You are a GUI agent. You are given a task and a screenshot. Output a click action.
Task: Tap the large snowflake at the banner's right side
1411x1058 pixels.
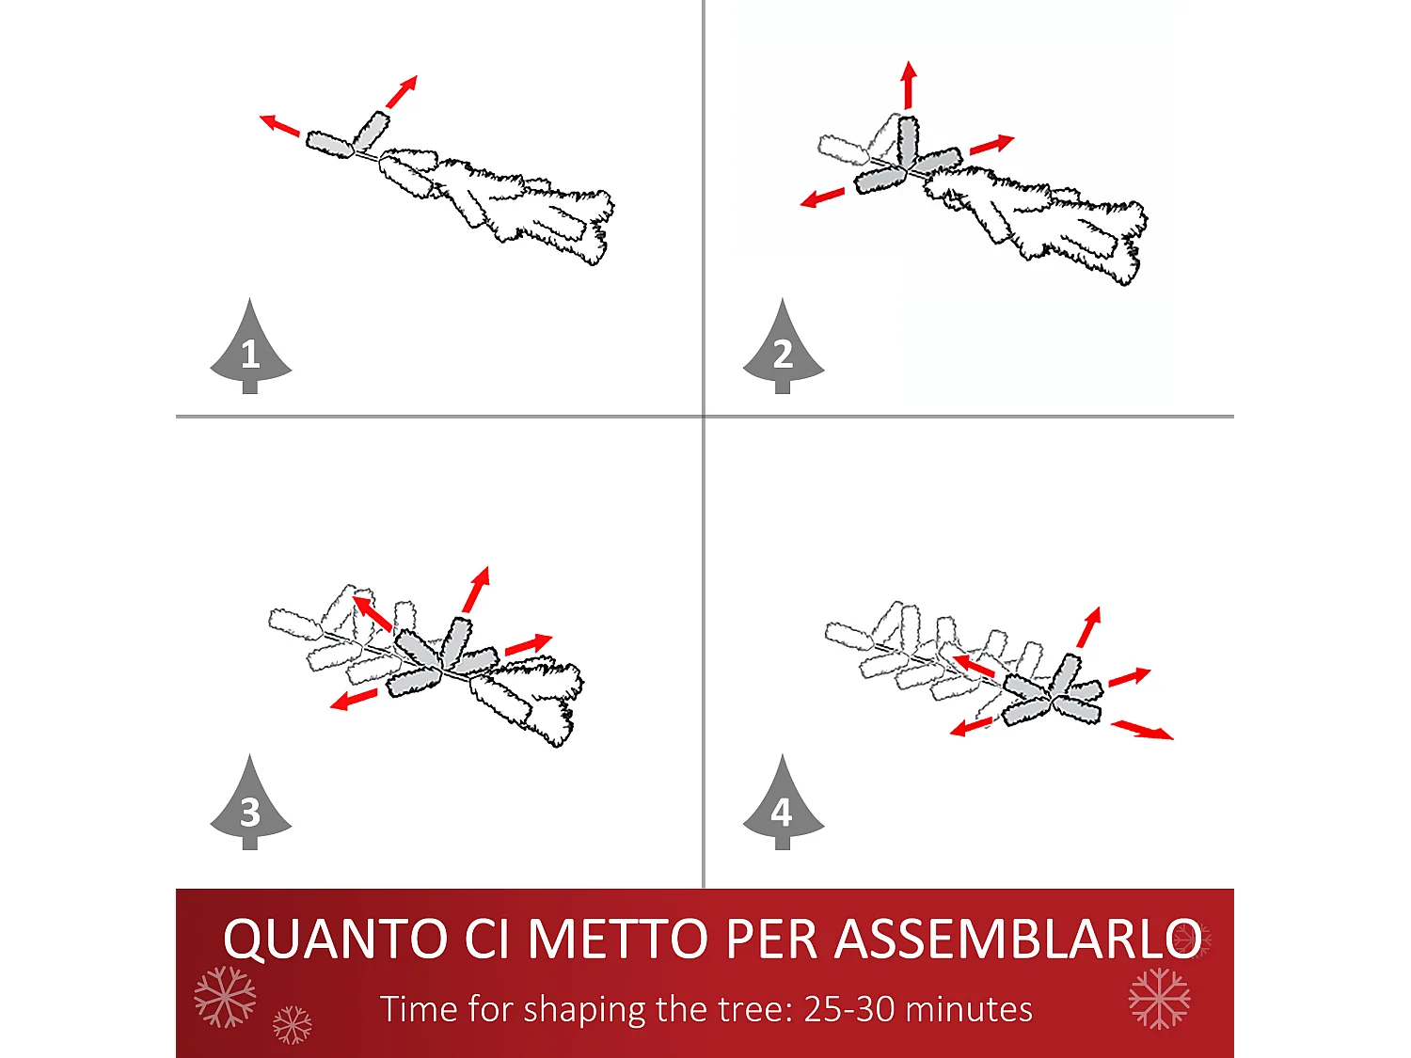(x=1159, y=998)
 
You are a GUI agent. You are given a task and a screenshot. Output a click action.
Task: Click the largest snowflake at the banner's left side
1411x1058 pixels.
(x=225, y=996)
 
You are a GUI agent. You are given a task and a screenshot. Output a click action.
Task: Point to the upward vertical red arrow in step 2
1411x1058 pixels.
(x=908, y=85)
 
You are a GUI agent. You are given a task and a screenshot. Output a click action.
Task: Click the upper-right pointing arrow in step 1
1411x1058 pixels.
(x=402, y=92)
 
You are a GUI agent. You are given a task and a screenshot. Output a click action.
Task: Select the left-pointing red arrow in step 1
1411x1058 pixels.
(x=279, y=125)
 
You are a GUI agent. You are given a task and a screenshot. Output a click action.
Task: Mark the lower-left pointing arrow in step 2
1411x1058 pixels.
(x=822, y=197)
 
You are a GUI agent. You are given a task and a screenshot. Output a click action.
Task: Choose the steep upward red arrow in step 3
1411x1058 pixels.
(x=477, y=589)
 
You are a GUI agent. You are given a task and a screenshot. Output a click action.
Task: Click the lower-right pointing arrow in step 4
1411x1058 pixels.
(x=1142, y=730)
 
